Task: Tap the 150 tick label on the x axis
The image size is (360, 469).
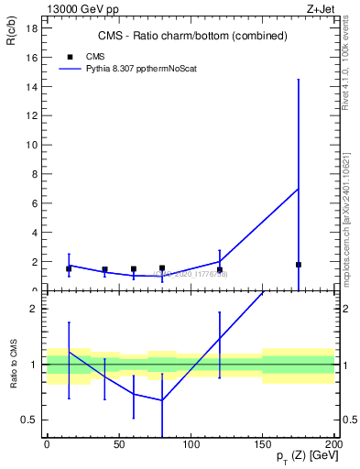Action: [x=263, y=445]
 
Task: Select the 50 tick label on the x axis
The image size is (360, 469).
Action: [x=119, y=445]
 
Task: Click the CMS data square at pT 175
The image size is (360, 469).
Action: [x=299, y=265]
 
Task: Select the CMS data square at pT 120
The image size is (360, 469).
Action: [x=220, y=269]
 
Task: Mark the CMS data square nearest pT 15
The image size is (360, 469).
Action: [x=69, y=268]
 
